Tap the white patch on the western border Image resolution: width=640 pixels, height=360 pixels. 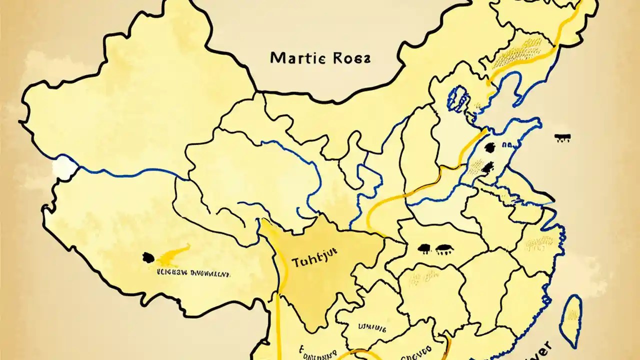pyautogui.click(x=63, y=167)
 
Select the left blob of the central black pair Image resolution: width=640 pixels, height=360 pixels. pyautogui.click(x=424, y=247)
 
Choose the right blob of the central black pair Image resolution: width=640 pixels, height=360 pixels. pyautogui.click(x=443, y=247)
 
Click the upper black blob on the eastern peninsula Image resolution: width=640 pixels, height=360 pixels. pyautogui.click(x=489, y=147)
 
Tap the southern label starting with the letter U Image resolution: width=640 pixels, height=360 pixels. pyautogui.click(x=372, y=328)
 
